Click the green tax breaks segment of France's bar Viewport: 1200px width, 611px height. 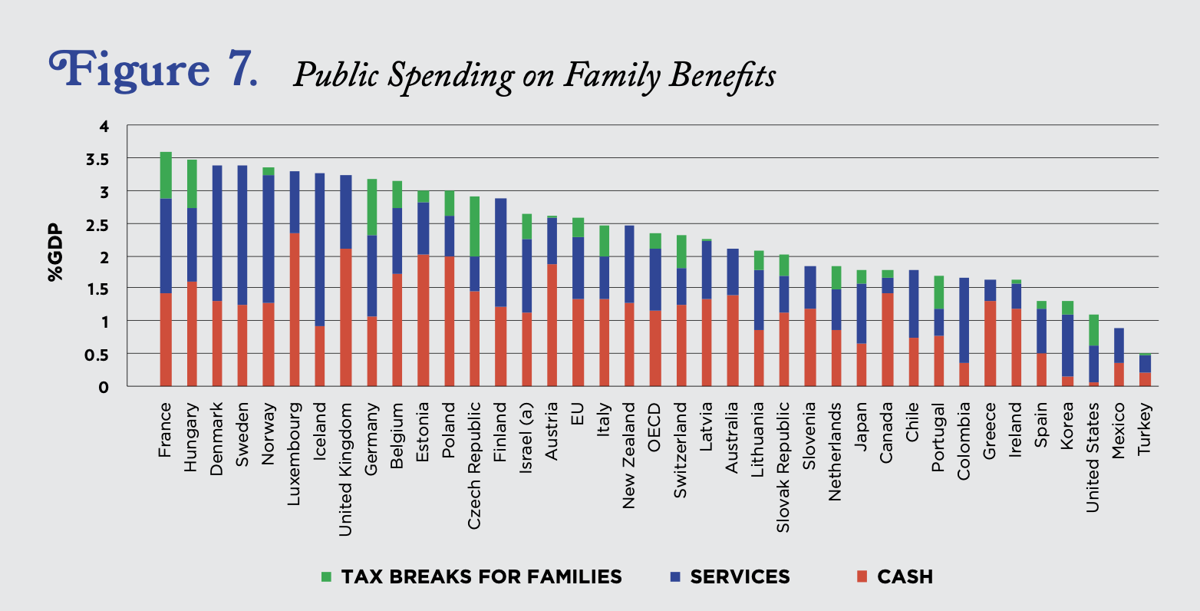pyautogui.click(x=165, y=175)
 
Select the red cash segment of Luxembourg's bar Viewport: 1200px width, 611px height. pyautogui.click(x=294, y=309)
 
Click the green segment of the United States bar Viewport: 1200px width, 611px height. pyautogui.click(x=1093, y=330)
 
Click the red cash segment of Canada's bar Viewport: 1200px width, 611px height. pyautogui.click(x=887, y=339)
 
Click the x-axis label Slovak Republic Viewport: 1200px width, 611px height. pyautogui.click(x=783, y=467)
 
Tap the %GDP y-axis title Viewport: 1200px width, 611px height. pyautogui.click(x=56, y=253)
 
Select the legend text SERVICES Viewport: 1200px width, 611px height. pyautogui.click(x=739, y=576)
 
